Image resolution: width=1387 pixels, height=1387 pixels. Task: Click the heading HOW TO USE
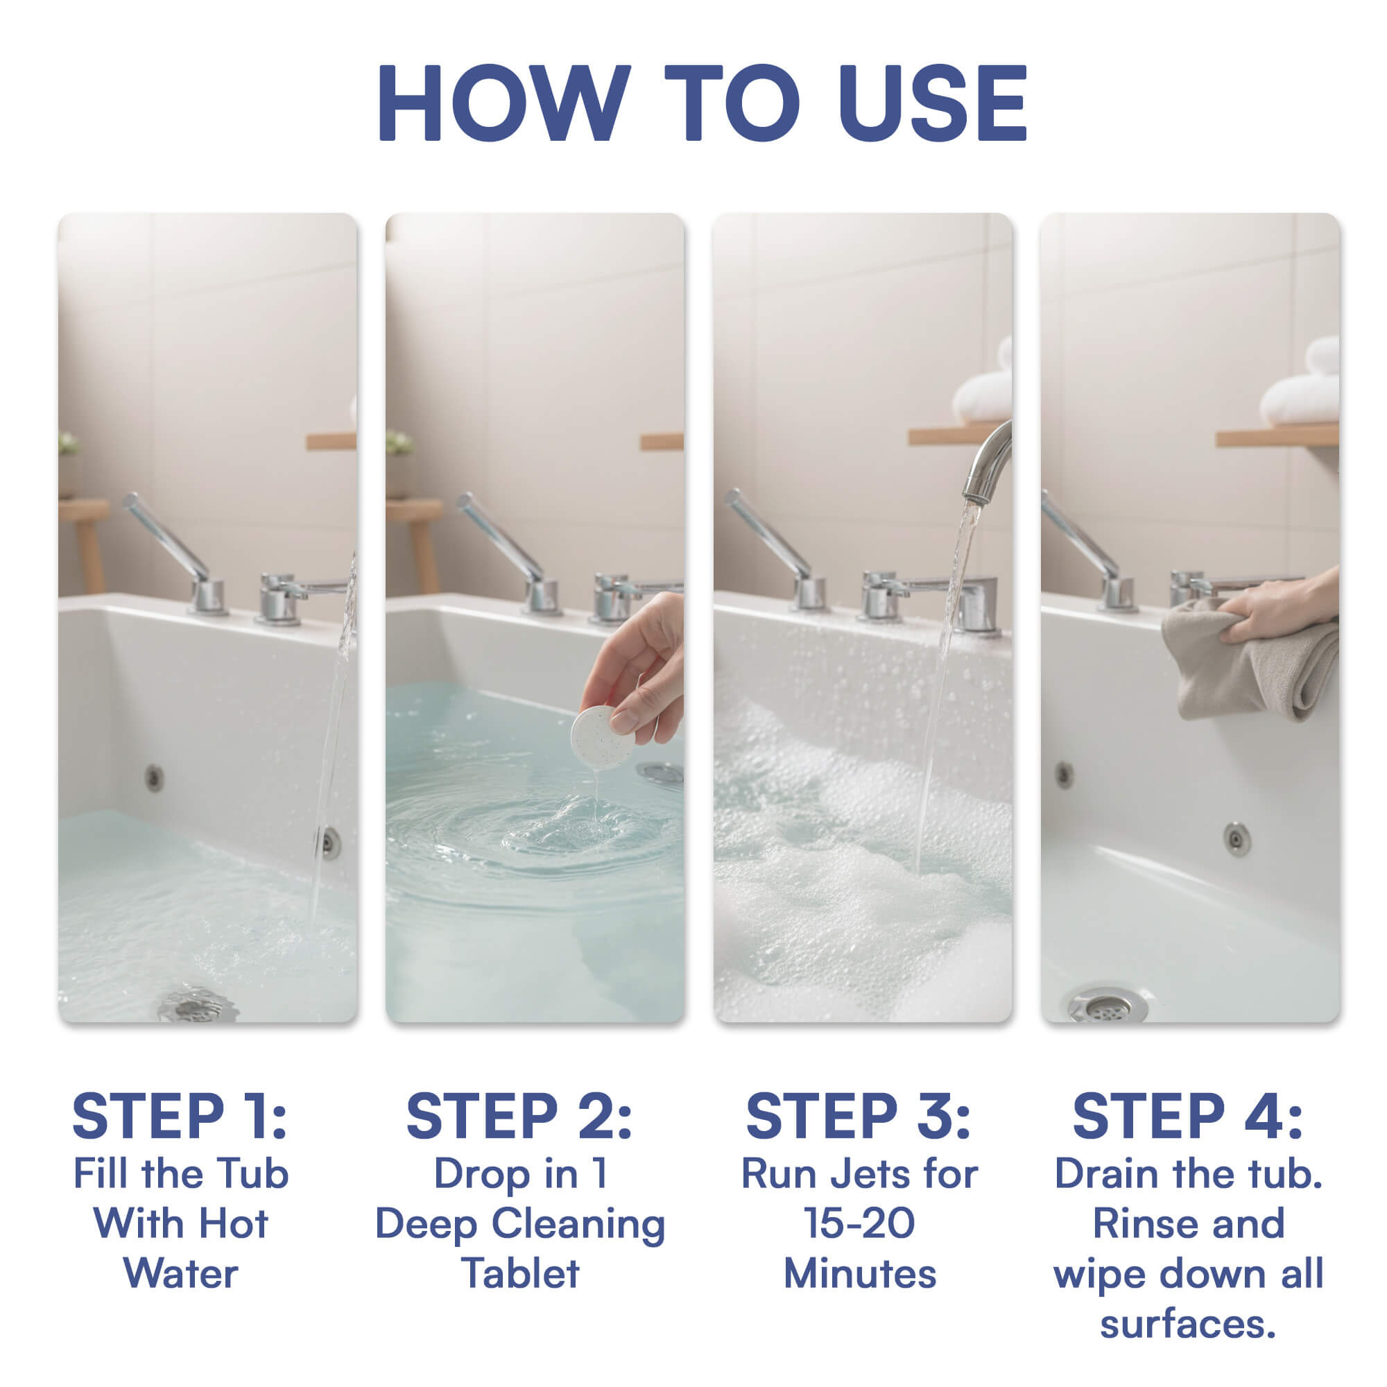pyautogui.click(x=702, y=104)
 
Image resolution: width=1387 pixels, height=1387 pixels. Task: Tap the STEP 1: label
pyautogui.click(x=180, y=1117)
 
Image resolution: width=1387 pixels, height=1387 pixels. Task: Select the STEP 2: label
pyautogui.click(x=519, y=1117)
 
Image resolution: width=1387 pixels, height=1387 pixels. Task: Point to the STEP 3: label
pyautogui.click(x=859, y=1117)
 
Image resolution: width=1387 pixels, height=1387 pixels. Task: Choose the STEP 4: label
pyautogui.click(x=1187, y=1117)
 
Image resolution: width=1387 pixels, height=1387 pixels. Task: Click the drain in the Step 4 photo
pyautogui.click(x=1106, y=1006)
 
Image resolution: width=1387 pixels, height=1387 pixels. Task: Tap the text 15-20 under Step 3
pyautogui.click(x=859, y=1223)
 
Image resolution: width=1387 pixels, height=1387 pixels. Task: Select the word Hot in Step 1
pyautogui.click(x=232, y=1223)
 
